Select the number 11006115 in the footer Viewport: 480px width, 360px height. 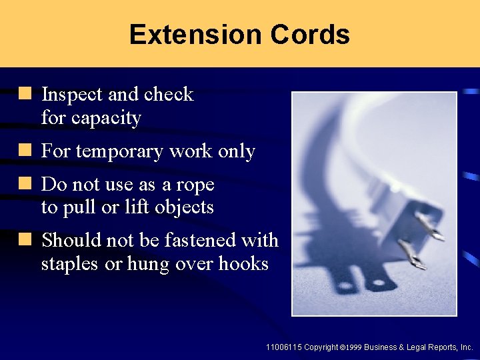283,347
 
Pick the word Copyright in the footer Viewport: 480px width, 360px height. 321,347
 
